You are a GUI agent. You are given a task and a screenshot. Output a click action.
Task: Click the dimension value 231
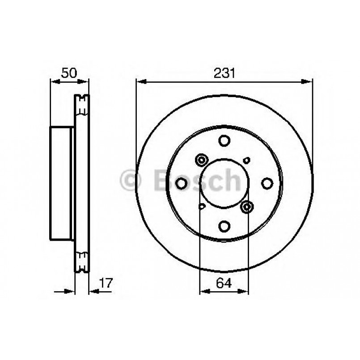(x=224, y=73)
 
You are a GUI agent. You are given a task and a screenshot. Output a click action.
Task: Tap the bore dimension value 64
(x=224, y=283)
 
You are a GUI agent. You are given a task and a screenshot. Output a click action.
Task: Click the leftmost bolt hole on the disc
(x=182, y=183)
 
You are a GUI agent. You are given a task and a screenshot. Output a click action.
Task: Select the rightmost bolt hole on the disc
(x=267, y=183)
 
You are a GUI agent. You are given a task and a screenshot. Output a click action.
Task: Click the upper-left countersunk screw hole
(x=202, y=160)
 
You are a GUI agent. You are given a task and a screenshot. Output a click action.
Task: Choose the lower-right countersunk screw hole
(x=246, y=206)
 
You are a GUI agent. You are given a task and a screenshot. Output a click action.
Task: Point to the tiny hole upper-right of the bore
(x=246, y=160)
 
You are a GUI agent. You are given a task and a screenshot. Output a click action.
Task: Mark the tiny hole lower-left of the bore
(x=202, y=206)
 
